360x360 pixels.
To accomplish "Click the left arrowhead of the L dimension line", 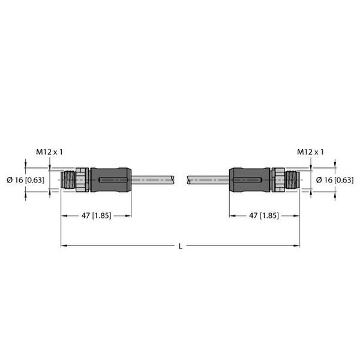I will click(x=63, y=245).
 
